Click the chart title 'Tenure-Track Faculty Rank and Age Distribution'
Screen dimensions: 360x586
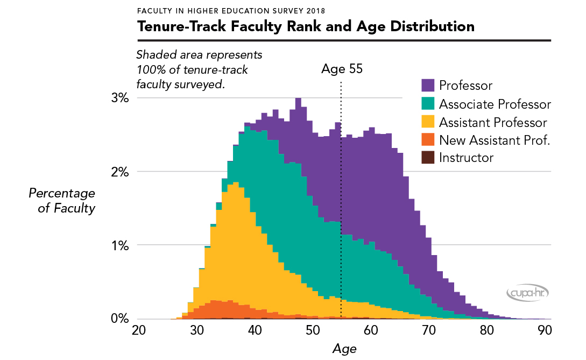[x=306, y=26]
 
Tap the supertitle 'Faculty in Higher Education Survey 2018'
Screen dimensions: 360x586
[x=231, y=10]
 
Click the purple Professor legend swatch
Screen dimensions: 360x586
[x=427, y=85]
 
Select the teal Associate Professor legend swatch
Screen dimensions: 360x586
[x=427, y=103]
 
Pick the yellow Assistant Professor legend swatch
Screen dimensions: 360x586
[x=427, y=122]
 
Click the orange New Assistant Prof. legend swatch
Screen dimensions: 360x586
[x=427, y=140]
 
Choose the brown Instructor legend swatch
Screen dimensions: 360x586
[x=427, y=158]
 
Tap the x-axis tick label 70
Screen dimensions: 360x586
[x=428, y=330]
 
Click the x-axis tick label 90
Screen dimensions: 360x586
[x=543, y=330]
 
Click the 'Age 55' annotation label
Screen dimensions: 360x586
[x=342, y=69]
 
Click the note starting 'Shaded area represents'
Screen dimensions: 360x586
[x=199, y=69]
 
